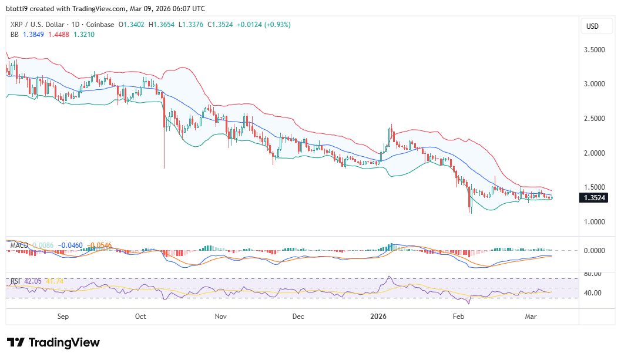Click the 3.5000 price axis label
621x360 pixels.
pyautogui.click(x=595, y=50)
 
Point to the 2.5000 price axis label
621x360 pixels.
pyautogui.click(x=595, y=119)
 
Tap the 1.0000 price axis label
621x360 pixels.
pyautogui.click(x=595, y=222)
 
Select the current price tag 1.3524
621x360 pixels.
pyautogui.click(x=595, y=198)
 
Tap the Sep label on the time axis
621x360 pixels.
pyautogui.click(x=63, y=317)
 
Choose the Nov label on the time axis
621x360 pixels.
pyautogui.click(x=220, y=317)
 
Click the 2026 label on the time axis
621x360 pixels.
pyautogui.click(x=378, y=317)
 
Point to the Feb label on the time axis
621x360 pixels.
pyautogui.click(x=458, y=317)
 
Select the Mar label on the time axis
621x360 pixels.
pyautogui.click(x=531, y=317)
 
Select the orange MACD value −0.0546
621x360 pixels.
pyautogui.click(x=98, y=244)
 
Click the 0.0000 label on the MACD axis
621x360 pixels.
pyautogui.click(x=595, y=250)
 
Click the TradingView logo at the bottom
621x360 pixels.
pyautogui.click(x=53, y=342)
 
